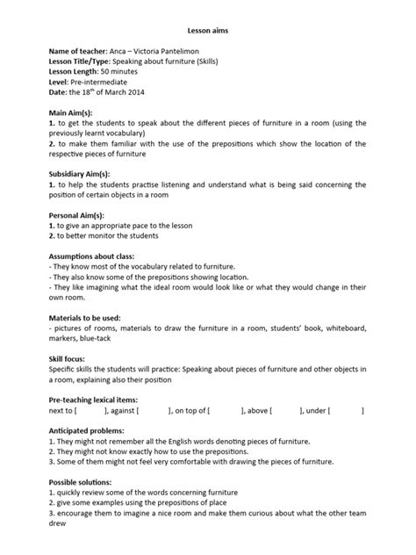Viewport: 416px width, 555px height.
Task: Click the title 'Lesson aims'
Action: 207,29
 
